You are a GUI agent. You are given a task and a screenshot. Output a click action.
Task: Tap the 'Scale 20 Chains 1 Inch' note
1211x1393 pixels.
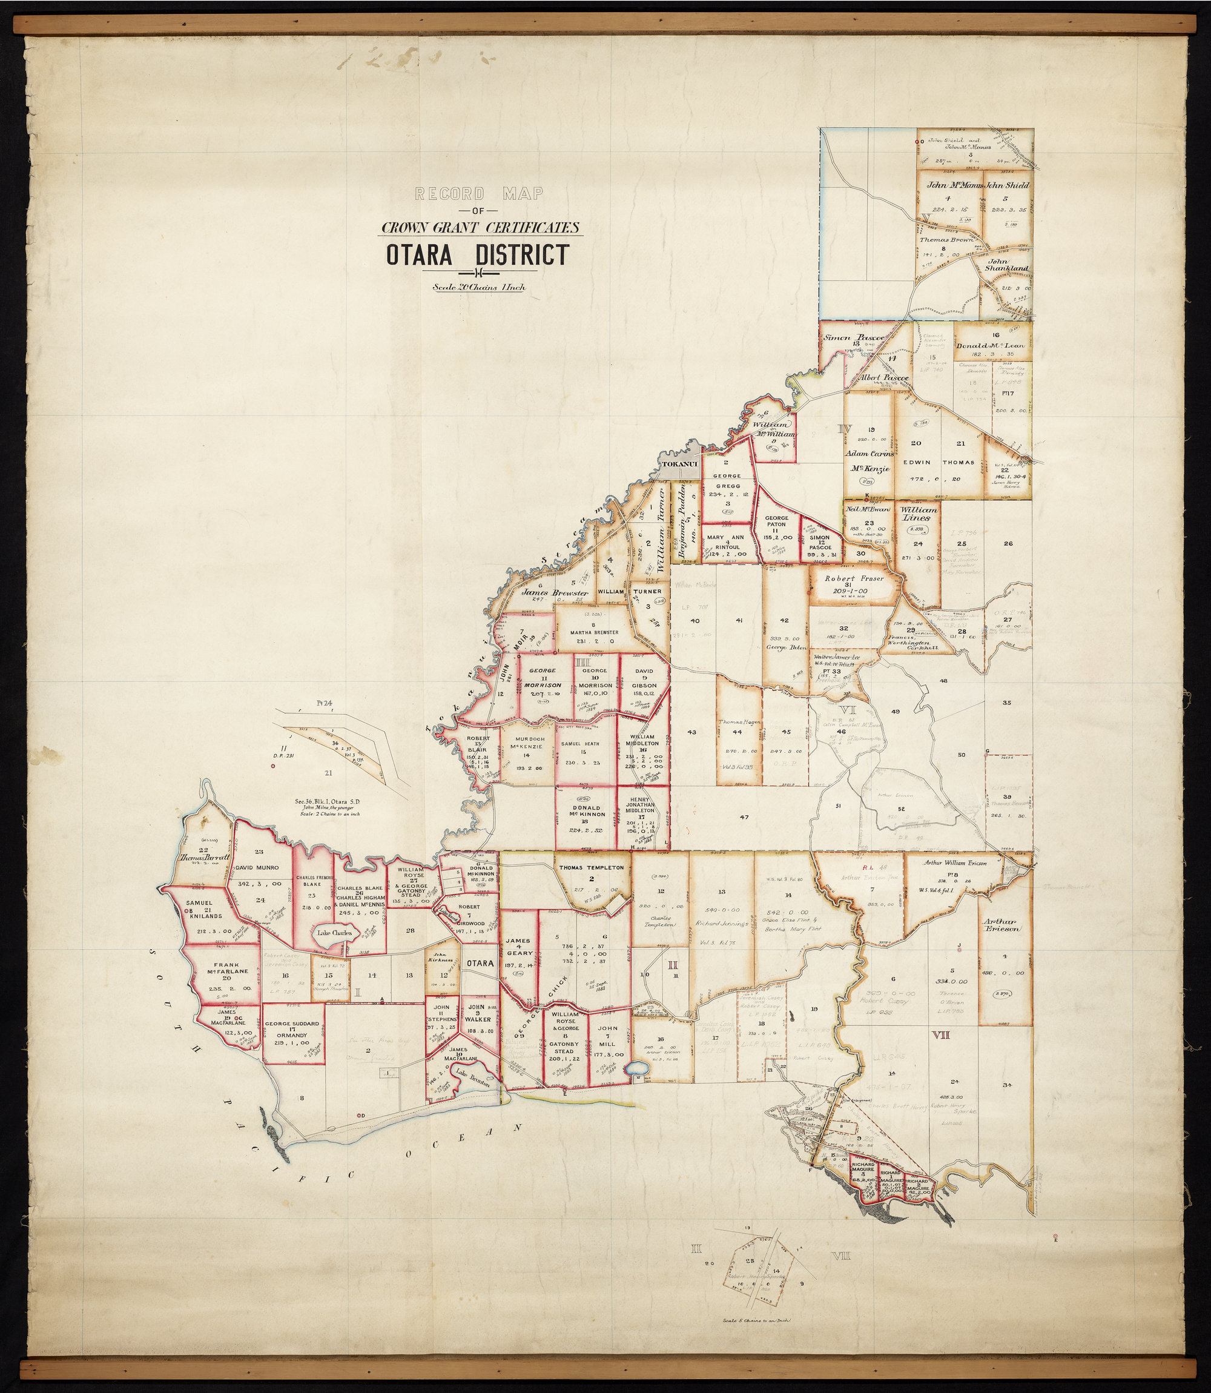tap(478, 286)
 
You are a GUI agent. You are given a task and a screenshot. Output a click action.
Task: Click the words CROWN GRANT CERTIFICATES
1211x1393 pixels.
tap(479, 228)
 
